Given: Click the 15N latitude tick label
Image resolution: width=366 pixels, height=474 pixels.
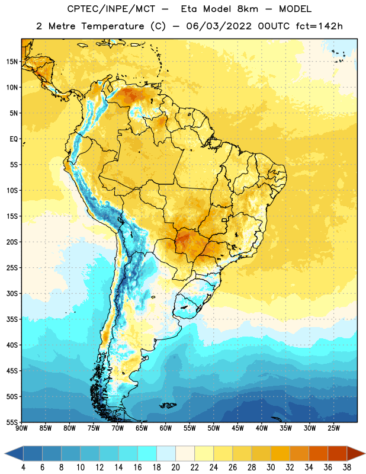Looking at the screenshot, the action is (12, 62).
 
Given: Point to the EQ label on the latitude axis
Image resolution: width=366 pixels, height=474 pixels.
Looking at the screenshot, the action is (14, 139).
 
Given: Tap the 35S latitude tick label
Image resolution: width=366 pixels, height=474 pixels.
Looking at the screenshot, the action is (12, 319).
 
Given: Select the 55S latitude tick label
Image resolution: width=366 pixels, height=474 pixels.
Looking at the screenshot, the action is (12, 422).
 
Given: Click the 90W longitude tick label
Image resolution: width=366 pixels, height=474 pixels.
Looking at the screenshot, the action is (21, 428).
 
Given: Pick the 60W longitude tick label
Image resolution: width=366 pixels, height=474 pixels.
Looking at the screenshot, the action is (166, 428).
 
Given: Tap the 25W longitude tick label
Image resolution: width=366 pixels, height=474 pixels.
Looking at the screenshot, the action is (333, 428).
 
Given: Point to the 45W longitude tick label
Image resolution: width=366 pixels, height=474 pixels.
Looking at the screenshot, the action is (237, 428).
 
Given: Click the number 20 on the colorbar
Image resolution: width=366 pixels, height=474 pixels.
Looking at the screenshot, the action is (175, 467).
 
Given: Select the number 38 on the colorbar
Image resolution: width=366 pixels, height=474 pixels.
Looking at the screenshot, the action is (346, 467).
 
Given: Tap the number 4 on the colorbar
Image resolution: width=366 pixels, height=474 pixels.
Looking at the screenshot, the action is (23, 467).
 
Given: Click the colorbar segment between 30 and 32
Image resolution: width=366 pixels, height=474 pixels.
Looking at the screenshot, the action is (280, 453).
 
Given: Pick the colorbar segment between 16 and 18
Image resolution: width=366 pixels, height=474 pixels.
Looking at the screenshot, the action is (147, 453).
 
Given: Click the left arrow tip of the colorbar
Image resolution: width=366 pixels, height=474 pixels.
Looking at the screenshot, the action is (5, 453).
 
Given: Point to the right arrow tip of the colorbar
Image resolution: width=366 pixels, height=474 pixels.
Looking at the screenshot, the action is (365, 453).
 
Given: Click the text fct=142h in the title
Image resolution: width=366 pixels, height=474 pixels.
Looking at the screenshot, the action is (319, 26).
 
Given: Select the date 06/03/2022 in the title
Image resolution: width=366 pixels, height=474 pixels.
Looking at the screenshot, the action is (219, 26).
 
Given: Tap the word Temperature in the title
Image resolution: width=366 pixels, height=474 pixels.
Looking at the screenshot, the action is (113, 26).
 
